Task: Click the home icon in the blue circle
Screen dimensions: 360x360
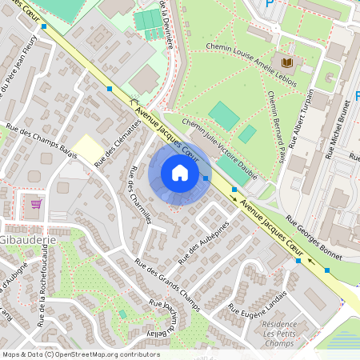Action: pyautogui.click(x=180, y=173)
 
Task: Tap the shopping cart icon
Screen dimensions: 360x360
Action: pyautogui.click(x=35, y=204)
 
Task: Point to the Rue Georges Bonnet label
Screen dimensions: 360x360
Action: pyautogui.click(x=314, y=239)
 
